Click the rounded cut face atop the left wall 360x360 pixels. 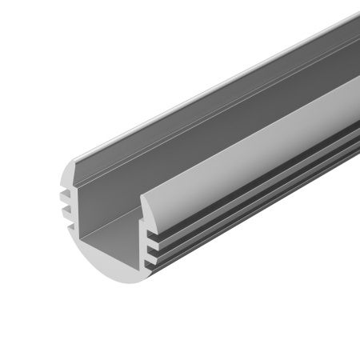(x=62, y=177)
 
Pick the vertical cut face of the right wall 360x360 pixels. (x=146, y=240)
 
